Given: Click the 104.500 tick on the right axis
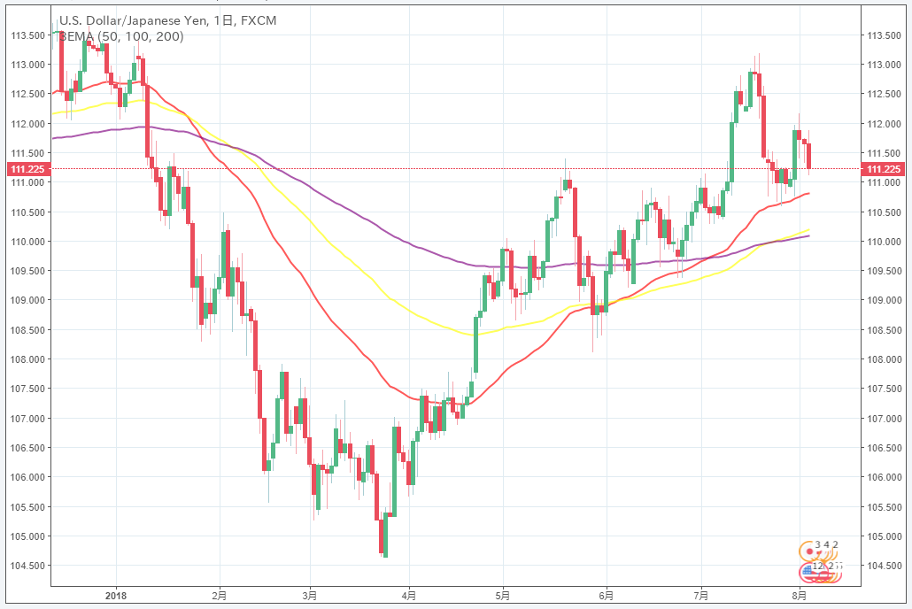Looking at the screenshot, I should click(884, 566).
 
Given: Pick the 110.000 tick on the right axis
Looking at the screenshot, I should click(884, 242).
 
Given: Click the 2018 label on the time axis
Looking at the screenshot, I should click(117, 597).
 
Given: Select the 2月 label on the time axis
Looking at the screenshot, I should click(219, 597).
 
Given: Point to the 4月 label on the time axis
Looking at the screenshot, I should click(409, 597).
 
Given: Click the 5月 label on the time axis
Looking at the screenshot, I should click(503, 597).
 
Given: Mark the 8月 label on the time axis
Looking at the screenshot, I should click(800, 597).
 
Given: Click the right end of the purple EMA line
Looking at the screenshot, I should click(809, 235).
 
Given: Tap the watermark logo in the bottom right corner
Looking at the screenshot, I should click(819, 562).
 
